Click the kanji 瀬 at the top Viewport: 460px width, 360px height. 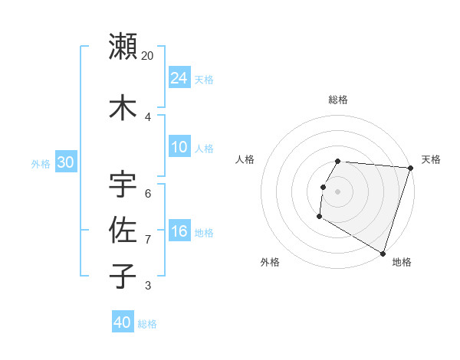click(123, 46)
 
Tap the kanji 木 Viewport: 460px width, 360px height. click(123, 106)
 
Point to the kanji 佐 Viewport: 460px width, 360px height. click(123, 231)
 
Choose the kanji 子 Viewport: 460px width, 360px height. click(123, 276)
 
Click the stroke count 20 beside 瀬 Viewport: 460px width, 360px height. click(148, 56)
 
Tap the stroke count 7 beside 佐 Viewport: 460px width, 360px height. click(148, 240)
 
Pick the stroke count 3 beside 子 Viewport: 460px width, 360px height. click(148, 286)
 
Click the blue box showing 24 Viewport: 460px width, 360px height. click(179, 77)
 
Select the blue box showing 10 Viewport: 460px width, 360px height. click(179, 147)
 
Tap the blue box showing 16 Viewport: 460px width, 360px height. click(179, 231)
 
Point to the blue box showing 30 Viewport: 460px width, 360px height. click(65, 162)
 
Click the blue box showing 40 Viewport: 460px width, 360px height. click(123, 322)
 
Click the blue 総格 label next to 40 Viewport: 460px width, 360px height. click(147, 324)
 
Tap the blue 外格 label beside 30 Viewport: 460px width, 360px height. click(41, 163)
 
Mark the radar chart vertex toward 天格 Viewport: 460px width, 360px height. click(409, 168)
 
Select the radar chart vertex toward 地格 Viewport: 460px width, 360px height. click(382, 253)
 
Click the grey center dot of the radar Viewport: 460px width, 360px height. click(337, 191)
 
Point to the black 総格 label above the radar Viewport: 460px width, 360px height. click(338, 100)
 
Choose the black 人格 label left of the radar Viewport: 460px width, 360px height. click(245, 159)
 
